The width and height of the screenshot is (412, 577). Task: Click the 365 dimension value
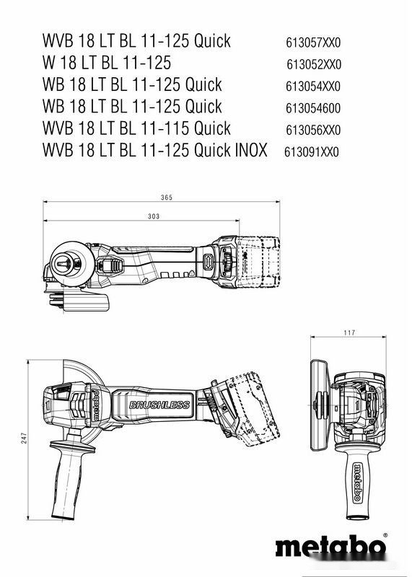pyautogui.click(x=166, y=197)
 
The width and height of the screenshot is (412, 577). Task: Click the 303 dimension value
pyautogui.click(x=153, y=216)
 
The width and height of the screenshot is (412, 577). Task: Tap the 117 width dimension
pyautogui.click(x=349, y=333)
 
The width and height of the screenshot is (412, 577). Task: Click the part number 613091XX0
pyautogui.click(x=312, y=153)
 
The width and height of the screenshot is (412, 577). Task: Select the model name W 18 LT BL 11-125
pyautogui.click(x=107, y=63)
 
